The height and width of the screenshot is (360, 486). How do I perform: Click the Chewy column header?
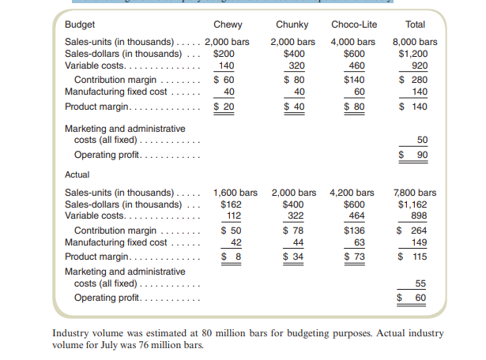point(228,24)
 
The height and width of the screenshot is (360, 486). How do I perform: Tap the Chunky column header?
point(292,24)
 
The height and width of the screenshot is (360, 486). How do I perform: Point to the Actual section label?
point(77,174)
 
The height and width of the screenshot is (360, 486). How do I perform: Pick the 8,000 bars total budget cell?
point(416,41)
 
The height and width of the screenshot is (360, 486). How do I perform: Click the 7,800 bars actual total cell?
point(416,193)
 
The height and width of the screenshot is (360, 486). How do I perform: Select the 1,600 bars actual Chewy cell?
point(235,193)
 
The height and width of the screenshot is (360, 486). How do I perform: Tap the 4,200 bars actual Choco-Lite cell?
point(352,193)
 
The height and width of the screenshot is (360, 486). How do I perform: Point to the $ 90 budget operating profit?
point(416,154)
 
